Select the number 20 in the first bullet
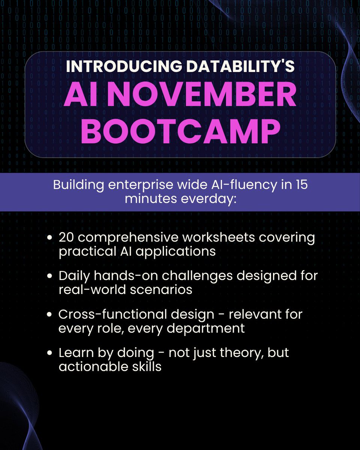(67, 238)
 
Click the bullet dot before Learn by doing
(50, 353)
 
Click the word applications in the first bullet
(176, 251)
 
